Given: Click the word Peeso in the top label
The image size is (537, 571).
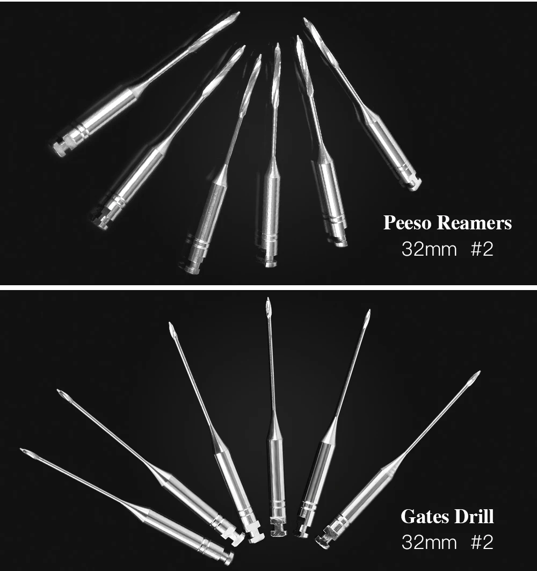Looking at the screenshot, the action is (x=407, y=222).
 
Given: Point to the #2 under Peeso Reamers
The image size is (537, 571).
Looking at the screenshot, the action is (x=482, y=250).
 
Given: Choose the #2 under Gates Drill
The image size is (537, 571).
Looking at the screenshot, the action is (x=482, y=542).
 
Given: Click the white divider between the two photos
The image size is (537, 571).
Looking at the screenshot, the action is (x=268, y=288).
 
